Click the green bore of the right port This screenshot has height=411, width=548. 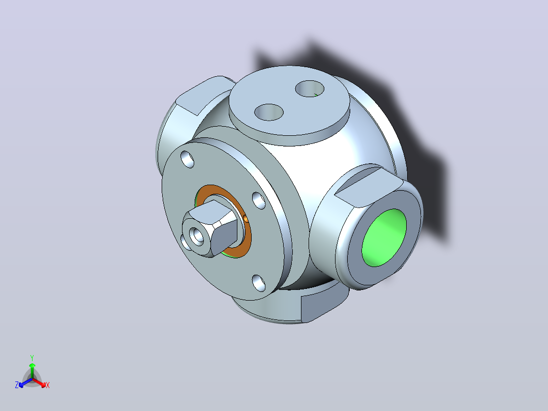point(384,238)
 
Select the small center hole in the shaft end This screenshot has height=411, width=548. point(197,236)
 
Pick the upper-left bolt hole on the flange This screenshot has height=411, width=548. point(187,159)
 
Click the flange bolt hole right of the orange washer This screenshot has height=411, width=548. point(259,200)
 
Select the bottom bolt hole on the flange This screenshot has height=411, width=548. point(259,283)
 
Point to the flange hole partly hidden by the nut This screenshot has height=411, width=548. point(185,243)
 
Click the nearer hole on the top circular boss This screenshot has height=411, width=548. point(269,112)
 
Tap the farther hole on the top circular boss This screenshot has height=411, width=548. point(310,89)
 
